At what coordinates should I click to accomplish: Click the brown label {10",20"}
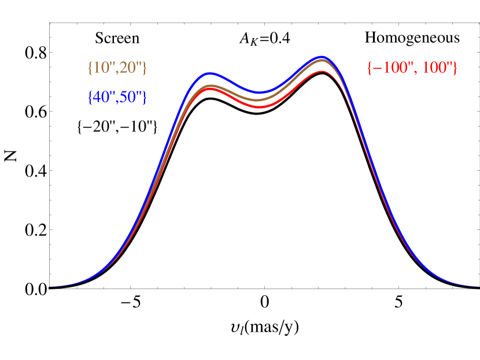click(117, 68)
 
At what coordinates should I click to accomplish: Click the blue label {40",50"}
click(117, 98)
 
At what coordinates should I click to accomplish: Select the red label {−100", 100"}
click(412, 68)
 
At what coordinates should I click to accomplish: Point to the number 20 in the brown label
click(128, 68)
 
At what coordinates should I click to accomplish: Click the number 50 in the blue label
click(128, 98)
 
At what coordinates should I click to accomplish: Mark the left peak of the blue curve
click(211, 74)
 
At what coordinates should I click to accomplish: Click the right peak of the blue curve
click(322, 57)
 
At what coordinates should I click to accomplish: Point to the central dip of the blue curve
click(260, 92)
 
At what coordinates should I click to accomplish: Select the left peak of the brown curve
click(211, 86)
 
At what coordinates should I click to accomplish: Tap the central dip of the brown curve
click(260, 100)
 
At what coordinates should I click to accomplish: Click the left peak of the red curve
click(211, 90)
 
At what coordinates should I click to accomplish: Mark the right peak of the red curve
click(322, 72)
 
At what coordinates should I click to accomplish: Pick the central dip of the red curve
click(260, 107)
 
